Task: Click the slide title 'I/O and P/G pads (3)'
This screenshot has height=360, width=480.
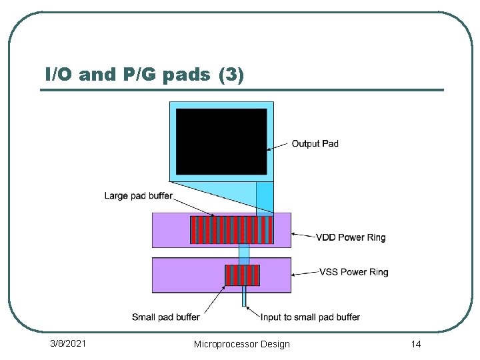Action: point(144,75)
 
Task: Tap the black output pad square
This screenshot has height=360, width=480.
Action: point(221,141)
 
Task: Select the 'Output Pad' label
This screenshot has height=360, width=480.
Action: point(315,143)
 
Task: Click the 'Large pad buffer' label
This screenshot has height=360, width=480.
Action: point(138,195)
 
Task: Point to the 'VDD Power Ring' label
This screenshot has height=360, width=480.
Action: point(350,237)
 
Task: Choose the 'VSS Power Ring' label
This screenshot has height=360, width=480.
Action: point(353,272)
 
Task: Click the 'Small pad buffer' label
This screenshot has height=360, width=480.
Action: point(165,317)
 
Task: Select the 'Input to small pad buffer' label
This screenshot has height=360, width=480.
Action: point(310,317)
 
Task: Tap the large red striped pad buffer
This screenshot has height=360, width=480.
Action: point(231,230)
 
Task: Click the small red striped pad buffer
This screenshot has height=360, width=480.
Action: point(242,275)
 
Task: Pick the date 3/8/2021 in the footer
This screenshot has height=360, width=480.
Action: point(68,343)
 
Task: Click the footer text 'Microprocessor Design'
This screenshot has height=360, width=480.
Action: point(241,344)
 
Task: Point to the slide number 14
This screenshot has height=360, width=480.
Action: point(416,344)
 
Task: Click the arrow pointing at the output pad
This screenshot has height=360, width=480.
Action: point(279,146)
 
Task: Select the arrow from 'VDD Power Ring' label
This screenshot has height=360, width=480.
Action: point(303,235)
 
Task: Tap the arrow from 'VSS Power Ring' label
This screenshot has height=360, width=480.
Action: point(305,273)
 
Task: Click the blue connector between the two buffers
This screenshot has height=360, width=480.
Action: point(244,254)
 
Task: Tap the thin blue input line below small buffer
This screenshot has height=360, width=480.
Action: point(244,296)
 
